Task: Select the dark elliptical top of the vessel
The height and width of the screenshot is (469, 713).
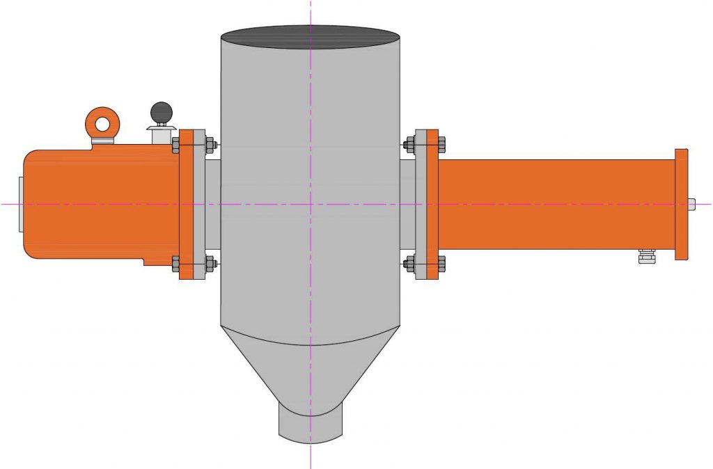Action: (311, 37)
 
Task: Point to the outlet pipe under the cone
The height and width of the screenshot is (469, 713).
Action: (311, 424)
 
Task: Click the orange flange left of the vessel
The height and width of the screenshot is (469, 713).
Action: (186, 205)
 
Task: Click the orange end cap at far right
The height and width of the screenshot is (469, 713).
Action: (681, 205)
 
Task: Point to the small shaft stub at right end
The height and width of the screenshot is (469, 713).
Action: (692, 204)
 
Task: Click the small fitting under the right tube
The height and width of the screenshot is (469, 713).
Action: (647, 257)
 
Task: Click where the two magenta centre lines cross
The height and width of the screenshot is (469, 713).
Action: (311, 204)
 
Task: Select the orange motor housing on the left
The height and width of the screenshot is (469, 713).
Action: (97, 205)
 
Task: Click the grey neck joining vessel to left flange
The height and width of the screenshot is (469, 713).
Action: (212, 205)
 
